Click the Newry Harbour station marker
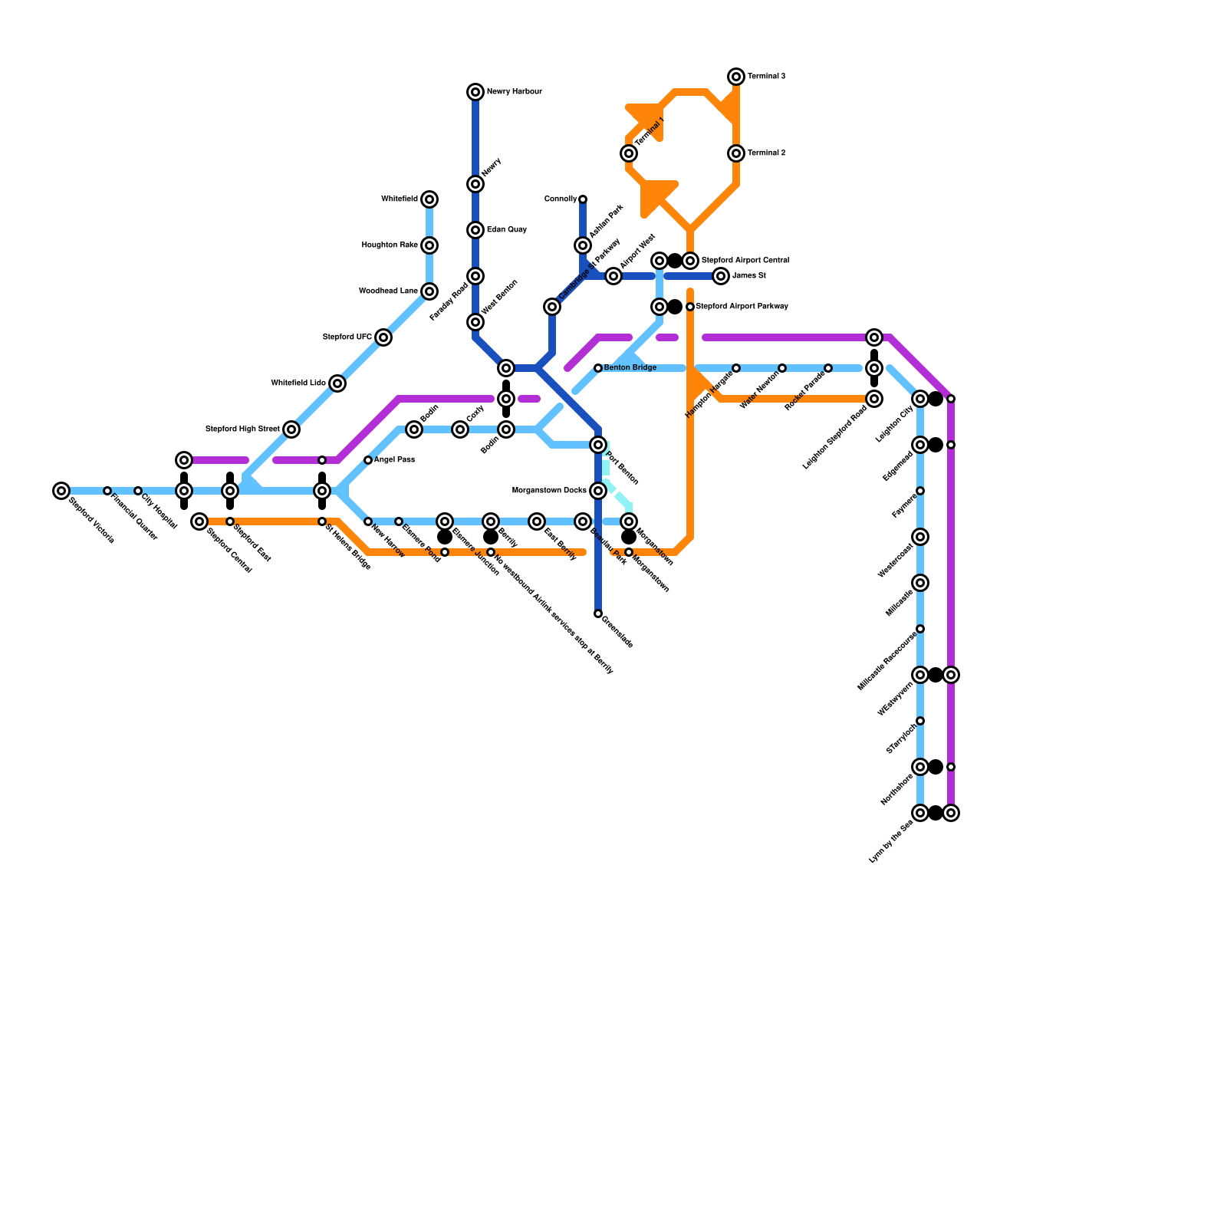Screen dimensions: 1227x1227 tap(475, 92)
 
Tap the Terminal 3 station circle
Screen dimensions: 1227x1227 tap(736, 77)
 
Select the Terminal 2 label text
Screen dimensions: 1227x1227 tap(766, 153)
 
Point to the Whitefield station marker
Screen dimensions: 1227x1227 tap(429, 199)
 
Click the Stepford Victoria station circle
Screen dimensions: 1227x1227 tap(61, 491)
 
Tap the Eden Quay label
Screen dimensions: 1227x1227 tap(507, 230)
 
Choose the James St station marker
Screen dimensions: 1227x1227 tap(721, 276)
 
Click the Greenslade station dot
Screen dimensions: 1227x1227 tap(598, 613)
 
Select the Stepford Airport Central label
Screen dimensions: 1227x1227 tap(745, 261)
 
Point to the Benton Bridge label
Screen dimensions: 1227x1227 tap(630, 368)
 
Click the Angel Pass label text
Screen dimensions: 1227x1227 tap(394, 460)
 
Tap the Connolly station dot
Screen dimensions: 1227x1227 tap(583, 199)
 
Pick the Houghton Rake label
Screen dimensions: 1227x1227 tap(390, 245)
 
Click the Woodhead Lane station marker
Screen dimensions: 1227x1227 tap(429, 291)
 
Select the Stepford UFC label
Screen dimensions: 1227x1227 tap(347, 337)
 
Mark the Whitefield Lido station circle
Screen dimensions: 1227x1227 tap(337, 383)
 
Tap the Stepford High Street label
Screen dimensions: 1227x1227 tap(242, 429)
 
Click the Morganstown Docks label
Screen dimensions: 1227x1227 tap(549, 491)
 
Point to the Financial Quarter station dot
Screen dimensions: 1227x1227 tap(107, 491)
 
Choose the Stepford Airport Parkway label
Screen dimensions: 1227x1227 tap(742, 307)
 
